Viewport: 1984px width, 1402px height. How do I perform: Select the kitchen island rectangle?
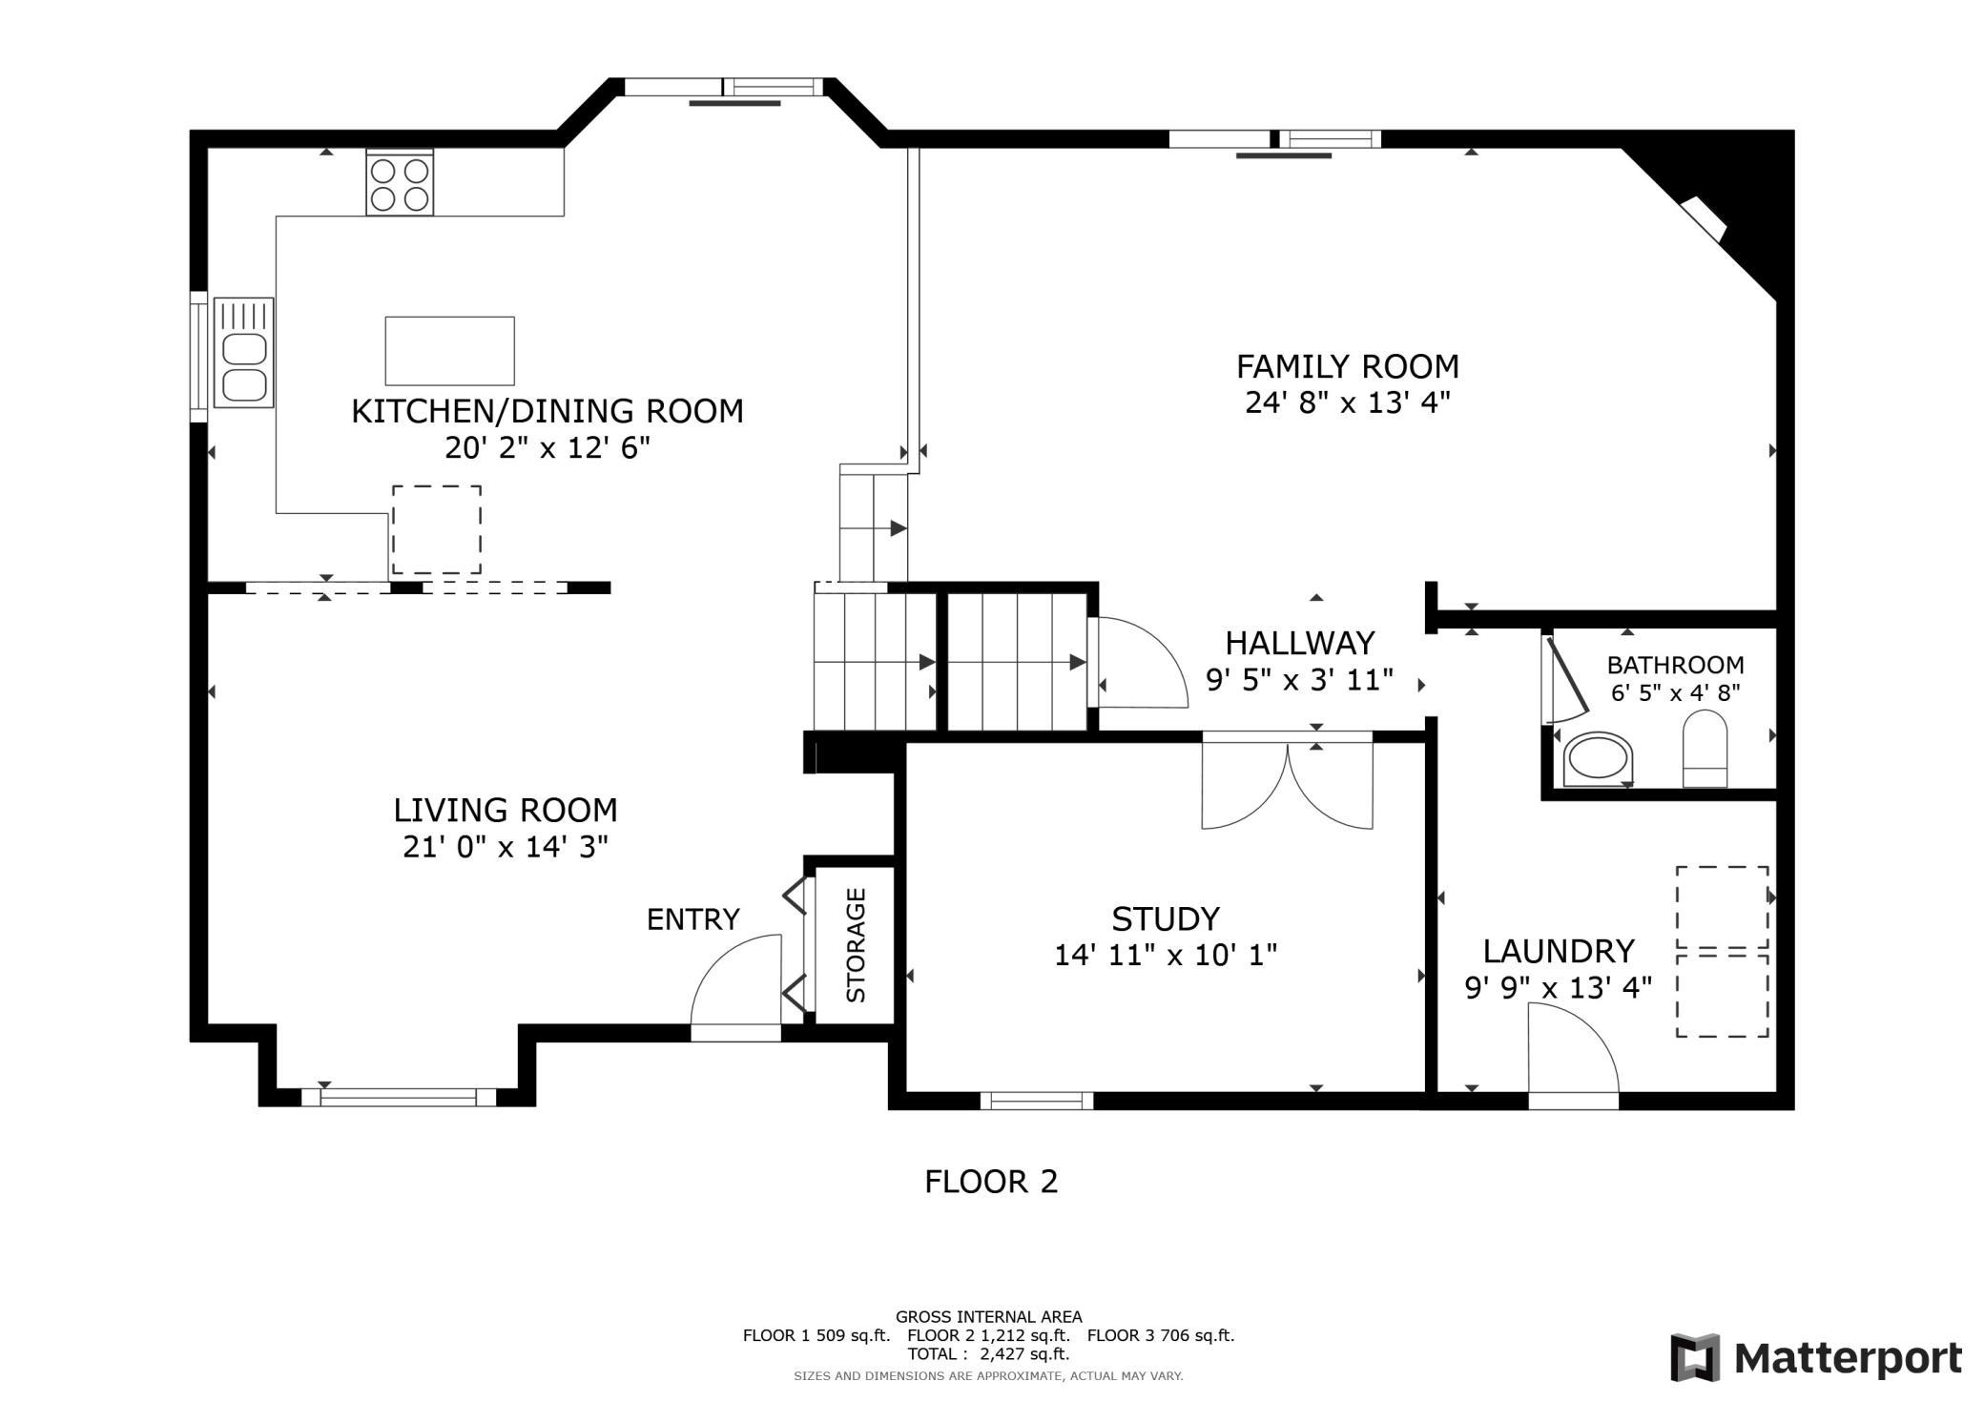coord(449,351)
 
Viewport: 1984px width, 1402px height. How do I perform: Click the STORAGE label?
coord(856,944)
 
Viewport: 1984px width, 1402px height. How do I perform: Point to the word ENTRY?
coord(692,919)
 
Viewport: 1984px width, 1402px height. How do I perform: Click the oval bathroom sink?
coord(1599,759)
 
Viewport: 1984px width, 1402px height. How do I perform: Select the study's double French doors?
coord(1287,784)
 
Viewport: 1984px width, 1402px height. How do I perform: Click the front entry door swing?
coord(736,987)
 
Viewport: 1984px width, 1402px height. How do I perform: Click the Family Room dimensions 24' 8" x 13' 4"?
coord(1347,403)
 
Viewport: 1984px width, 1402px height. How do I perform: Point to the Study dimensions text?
coord(1165,955)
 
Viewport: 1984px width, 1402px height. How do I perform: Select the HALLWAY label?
coord(1299,643)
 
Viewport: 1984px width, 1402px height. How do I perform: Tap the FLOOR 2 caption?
coord(991,1182)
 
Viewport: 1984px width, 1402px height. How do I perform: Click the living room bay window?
coord(398,1097)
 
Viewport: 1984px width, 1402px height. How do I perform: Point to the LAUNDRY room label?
coord(1558,951)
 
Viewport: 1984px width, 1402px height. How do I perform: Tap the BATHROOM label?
coord(1675,665)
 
